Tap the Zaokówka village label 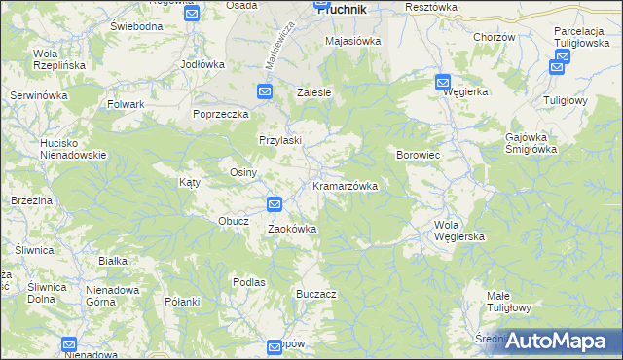pyautogui.click(x=292, y=229)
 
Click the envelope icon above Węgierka pyautogui.click(x=444, y=83)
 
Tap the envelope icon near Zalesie pyautogui.click(x=266, y=91)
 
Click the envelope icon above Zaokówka pyautogui.click(x=275, y=204)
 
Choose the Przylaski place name pyautogui.click(x=280, y=140)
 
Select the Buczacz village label pyautogui.click(x=316, y=293)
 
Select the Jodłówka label pyautogui.click(x=202, y=64)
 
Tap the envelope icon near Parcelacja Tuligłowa pyautogui.click(x=558, y=66)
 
